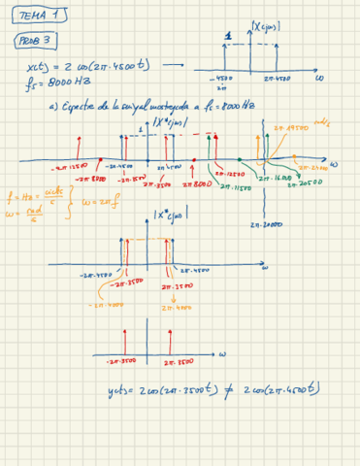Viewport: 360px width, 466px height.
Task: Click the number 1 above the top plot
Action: [x=228, y=39]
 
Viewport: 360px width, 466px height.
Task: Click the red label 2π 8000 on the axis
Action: [x=196, y=183]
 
